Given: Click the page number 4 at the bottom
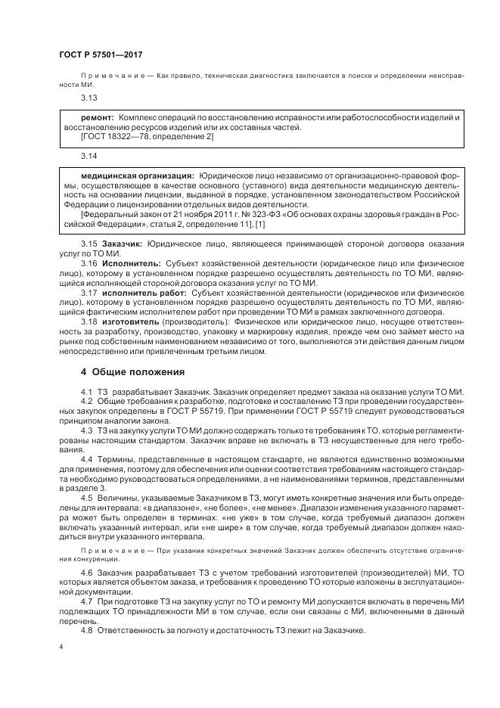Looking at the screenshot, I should pyautogui.click(x=61, y=647).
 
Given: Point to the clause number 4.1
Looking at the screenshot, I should pyautogui.click(x=86, y=391).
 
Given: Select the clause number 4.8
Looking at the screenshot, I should pyautogui.click(x=86, y=630).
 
